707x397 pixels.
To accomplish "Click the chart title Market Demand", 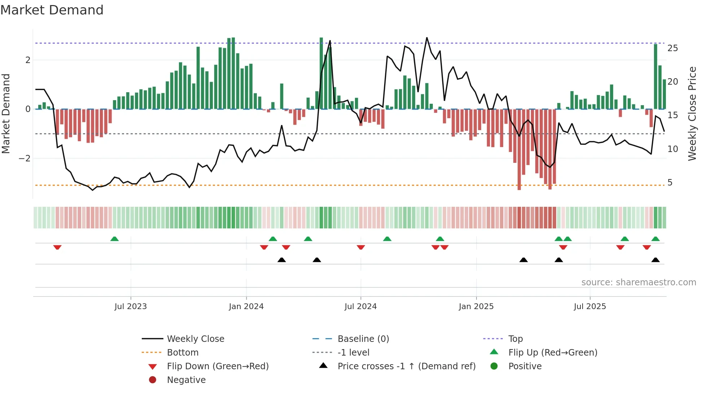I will pyautogui.click(x=52, y=10).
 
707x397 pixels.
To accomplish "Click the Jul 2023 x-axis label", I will pyautogui.click(x=131, y=307).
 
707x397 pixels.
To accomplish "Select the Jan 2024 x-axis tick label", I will pyautogui.click(x=246, y=307).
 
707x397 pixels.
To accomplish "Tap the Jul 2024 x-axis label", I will pyautogui.click(x=360, y=307).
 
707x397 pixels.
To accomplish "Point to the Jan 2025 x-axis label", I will pyautogui.click(x=476, y=307).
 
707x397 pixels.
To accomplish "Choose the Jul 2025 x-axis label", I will pyautogui.click(x=590, y=307).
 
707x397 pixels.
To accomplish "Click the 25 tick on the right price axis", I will pyautogui.click(x=672, y=48).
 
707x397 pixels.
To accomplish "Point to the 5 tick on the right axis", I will pyautogui.click(x=670, y=183).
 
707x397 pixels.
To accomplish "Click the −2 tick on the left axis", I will pyautogui.click(x=25, y=159).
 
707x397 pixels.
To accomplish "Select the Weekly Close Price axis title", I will pyautogui.click(x=692, y=113).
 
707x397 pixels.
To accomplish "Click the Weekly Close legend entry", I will pyautogui.click(x=195, y=339).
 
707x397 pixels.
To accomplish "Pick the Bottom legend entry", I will pyautogui.click(x=183, y=353).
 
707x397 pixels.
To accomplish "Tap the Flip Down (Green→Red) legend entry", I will pyautogui.click(x=218, y=366).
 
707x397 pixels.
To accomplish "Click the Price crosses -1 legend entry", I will pyautogui.click(x=406, y=366).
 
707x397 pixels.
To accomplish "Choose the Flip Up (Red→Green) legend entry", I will pyautogui.click(x=553, y=353).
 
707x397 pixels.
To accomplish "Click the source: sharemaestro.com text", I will pyautogui.click(x=638, y=282).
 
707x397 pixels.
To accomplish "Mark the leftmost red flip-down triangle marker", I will pyautogui.click(x=57, y=247).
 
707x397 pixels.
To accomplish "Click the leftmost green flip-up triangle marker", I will pyautogui.click(x=114, y=239).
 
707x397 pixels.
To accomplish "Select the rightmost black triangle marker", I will pyautogui.click(x=655, y=260).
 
